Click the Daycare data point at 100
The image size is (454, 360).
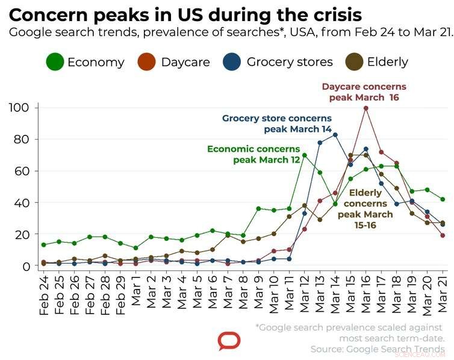click(x=365, y=108)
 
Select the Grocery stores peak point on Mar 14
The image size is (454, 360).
click(x=335, y=135)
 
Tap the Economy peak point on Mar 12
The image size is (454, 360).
click(x=304, y=155)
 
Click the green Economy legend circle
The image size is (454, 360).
click(x=55, y=62)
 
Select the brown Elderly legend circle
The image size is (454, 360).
click(x=355, y=62)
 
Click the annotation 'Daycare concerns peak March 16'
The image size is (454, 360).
click(x=364, y=92)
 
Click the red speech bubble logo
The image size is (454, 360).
click(x=228, y=342)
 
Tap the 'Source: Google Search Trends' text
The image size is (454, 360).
click(x=378, y=349)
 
